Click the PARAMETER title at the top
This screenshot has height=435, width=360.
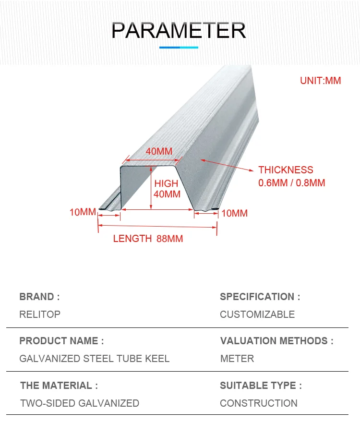pos(179,30)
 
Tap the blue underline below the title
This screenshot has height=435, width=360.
pos(179,47)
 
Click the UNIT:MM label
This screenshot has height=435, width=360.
pos(320,81)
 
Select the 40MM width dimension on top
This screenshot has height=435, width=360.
pos(159,151)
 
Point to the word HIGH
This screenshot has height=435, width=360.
pos(166,183)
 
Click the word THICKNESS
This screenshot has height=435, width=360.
pos(286,170)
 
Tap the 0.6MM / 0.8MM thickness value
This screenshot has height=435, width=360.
pos(291,182)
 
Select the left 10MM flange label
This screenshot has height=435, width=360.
pos(83,212)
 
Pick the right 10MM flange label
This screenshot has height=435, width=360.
pos(234,213)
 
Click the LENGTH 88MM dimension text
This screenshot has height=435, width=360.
pos(148,239)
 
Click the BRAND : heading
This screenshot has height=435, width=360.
pos(39,297)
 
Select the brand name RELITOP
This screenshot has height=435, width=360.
pos(40,314)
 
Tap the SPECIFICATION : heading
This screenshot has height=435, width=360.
pos(260,297)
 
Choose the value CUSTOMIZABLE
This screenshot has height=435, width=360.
pos(257,314)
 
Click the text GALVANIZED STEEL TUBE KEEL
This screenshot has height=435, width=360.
pos(94,359)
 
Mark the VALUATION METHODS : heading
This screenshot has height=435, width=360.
pos(276,341)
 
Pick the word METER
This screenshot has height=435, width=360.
pos(237,359)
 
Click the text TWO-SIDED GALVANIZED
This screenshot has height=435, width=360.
pos(80,403)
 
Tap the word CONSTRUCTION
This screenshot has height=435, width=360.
pos(259,403)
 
